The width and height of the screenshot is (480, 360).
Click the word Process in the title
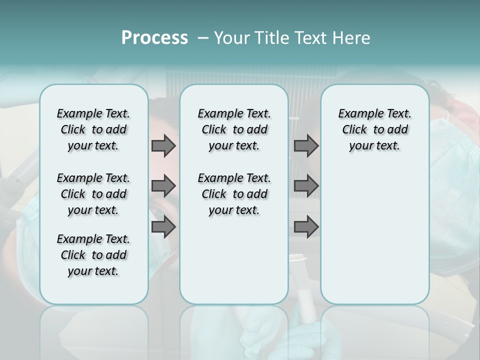point(154,37)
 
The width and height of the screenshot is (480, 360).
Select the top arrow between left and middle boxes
point(163,145)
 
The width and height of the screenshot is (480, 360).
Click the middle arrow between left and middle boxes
point(163,186)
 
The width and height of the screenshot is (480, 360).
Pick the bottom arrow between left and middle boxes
point(163,226)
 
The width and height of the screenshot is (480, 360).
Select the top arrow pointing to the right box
point(306,145)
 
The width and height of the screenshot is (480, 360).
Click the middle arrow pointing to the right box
point(306,186)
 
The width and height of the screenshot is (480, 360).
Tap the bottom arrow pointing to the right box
point(306,226)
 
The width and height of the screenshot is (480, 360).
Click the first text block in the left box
point(93,129)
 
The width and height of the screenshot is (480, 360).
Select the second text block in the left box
point(93,194)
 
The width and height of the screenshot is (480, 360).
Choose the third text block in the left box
point(93,255)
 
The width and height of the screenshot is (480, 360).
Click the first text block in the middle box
point(234,129)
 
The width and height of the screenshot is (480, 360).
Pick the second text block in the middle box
point(234,194)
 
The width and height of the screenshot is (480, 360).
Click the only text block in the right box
point(374,129)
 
